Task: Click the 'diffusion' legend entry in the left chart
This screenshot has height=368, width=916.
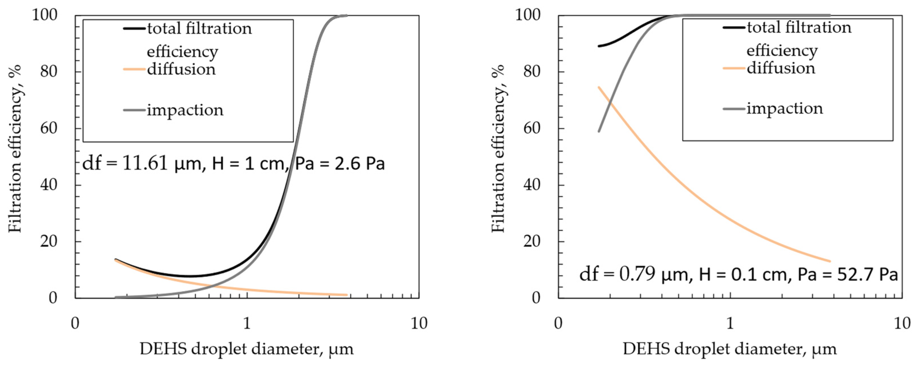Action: click(x=181, y=69)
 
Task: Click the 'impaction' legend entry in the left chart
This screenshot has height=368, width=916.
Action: click(x=185, y=110)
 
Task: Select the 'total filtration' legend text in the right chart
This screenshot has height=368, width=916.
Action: click(x=799, y=27)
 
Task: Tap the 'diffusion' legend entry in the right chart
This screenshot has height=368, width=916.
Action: click(x=781, y=68)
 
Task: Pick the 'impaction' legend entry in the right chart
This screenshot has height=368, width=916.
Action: click(x=784, y=108)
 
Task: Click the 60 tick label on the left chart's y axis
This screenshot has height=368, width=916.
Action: click(x=48, y=128)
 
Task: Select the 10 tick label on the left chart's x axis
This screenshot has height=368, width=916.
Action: click(x=419, y=324)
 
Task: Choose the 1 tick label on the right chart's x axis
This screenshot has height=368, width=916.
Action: click(x=730, y=324)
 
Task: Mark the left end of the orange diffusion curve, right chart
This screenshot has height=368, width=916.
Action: click(x=599, y=87)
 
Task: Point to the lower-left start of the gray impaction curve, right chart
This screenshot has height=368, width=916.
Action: click(x=599, y=131)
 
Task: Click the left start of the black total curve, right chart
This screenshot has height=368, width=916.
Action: click(x=599, y=46)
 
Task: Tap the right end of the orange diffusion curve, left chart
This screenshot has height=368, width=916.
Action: click(x=346, y=295)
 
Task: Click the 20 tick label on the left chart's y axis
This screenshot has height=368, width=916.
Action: click(x=48, y=241)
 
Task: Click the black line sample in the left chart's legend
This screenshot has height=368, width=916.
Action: click(x=135, y=28)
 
